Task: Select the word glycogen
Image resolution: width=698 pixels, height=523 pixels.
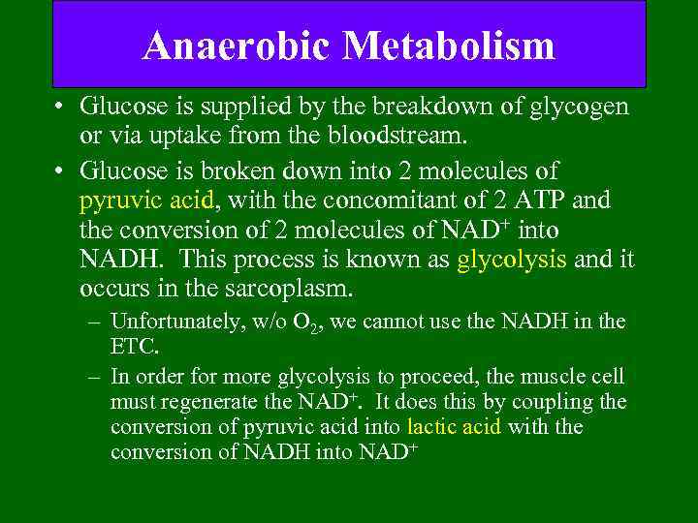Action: tap(580, 105)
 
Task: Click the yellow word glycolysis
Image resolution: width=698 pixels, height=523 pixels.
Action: tap(513, 260)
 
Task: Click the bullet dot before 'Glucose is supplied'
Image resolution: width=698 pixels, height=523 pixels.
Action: tap(60, 106)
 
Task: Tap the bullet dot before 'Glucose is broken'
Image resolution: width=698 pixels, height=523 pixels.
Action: tap(60, 172)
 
